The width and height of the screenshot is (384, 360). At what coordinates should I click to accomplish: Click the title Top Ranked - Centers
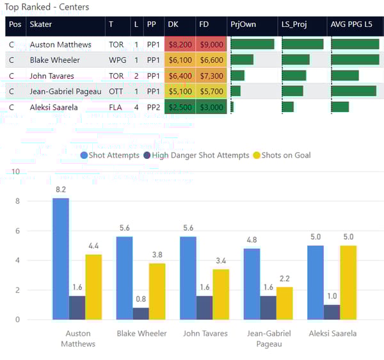point(47,7)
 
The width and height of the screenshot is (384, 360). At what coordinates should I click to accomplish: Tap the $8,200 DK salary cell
point(179,45)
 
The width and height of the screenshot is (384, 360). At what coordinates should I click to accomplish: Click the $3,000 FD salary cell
point(211,107)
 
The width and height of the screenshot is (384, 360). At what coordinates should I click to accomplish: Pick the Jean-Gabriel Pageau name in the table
point(65,92)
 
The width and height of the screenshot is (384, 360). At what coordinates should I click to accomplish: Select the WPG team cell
point(116,60)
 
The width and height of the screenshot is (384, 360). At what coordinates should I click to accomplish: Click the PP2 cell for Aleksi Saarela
point(152,107)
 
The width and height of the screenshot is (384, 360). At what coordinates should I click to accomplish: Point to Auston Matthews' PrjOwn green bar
point(252,44)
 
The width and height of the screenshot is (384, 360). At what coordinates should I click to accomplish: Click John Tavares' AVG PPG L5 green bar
point(345,76)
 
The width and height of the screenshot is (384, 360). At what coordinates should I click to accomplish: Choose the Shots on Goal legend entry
point(285,155)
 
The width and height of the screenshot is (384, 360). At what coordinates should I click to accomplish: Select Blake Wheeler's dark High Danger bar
point(141,313)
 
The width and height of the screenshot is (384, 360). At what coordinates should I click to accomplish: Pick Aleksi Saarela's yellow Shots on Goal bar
point(348,282)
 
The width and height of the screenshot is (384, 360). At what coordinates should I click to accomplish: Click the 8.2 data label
point(61,190)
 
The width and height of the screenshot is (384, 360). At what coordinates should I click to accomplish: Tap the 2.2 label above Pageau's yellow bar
point(285,279)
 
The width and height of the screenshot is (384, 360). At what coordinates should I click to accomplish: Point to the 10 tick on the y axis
point(16,172)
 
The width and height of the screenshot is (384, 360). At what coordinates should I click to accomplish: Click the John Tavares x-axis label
point(205,333)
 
